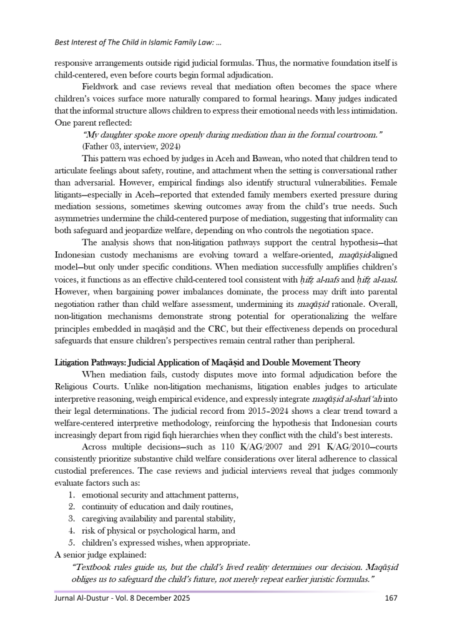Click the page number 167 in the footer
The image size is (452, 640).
coord(390,597)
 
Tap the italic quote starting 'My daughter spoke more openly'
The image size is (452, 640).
coord(232,135)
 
